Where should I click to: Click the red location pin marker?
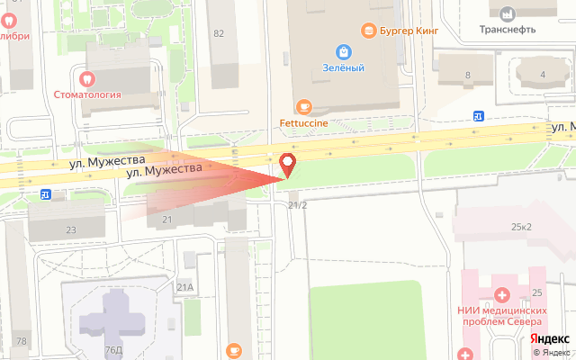288,166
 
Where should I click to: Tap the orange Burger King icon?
367,31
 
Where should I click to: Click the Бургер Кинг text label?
409,31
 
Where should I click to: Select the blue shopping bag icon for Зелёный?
344,51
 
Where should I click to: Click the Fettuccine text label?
302,122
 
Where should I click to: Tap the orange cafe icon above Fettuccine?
302,106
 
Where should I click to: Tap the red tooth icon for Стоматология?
87,78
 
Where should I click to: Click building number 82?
219,33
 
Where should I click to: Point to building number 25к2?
520,226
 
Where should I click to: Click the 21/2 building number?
298,205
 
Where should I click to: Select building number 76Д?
113,350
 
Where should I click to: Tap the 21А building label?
185,287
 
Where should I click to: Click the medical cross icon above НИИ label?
501,293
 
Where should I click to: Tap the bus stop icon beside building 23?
45,193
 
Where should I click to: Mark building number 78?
21,341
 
